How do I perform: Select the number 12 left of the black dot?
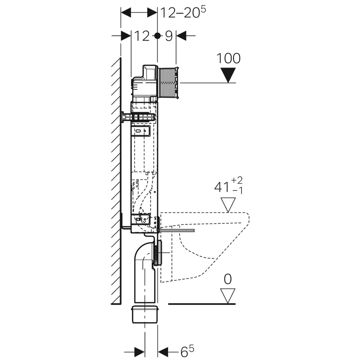coord(142,36)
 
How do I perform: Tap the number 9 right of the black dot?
coord(169,36)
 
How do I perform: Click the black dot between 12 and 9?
coord(157,36)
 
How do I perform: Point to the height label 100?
coord(229,58)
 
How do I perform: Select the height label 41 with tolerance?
coord(229,186)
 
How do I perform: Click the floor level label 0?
coord(228,279)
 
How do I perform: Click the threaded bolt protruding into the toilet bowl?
coord(177,230)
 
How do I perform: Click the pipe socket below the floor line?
coord(145,314)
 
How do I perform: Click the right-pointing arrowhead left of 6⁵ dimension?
coord(139,352)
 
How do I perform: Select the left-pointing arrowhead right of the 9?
coord(181,36)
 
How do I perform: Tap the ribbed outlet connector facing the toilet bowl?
coord(159,252)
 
